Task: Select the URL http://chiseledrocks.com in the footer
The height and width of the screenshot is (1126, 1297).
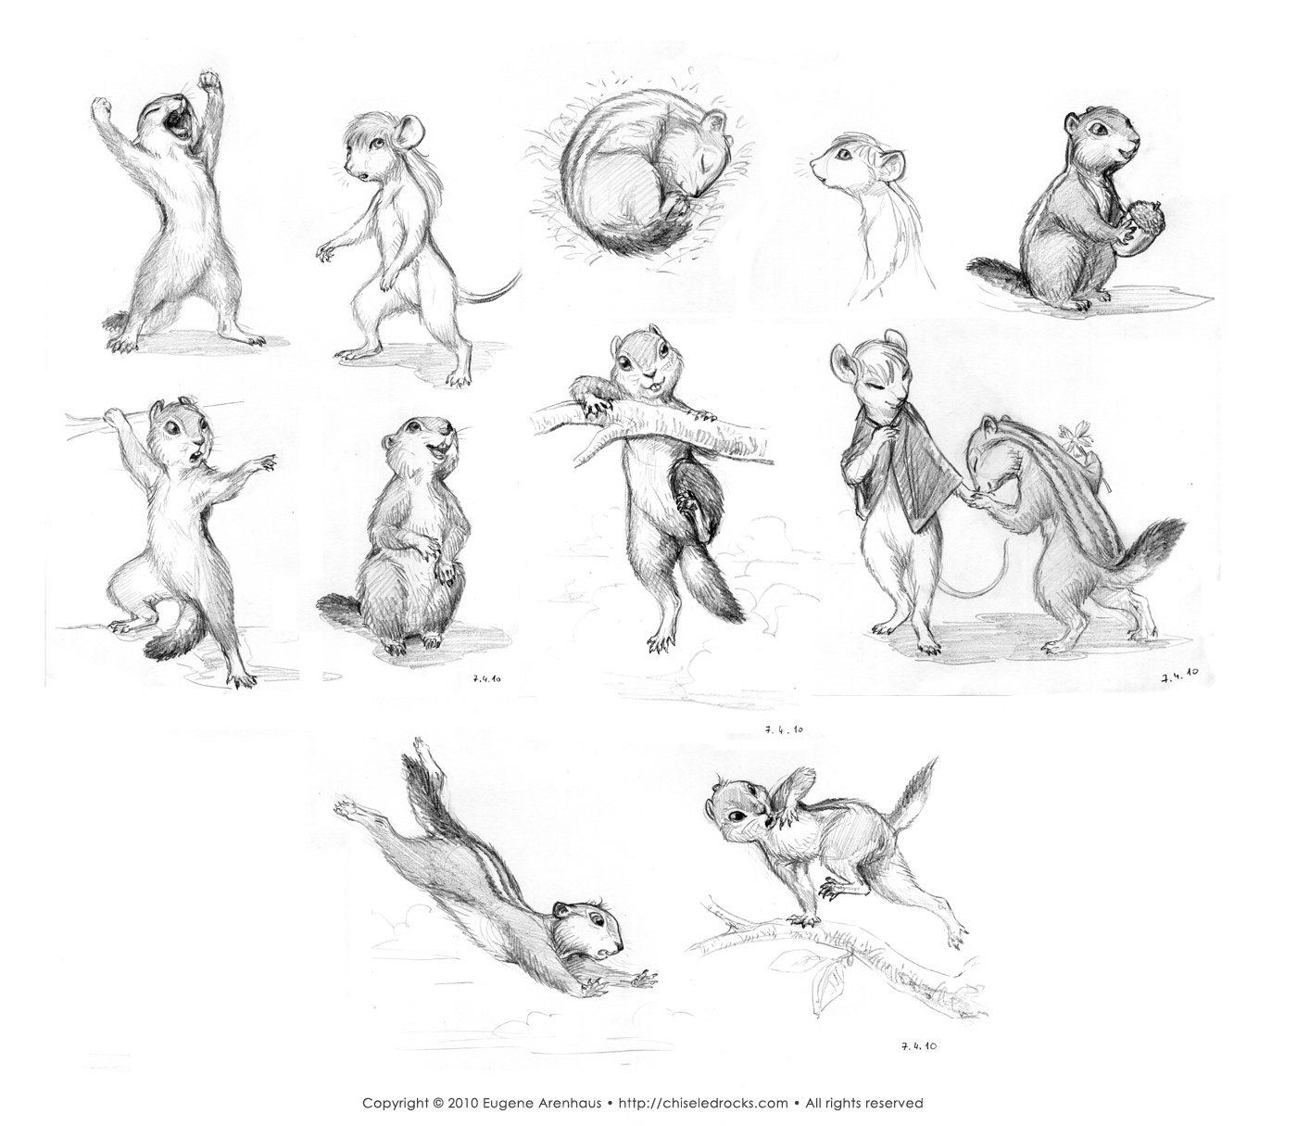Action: point(701,1103)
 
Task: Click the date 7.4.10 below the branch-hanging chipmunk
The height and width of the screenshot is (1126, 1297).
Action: point(784,730)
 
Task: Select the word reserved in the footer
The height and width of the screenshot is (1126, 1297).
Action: point(895,1103)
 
